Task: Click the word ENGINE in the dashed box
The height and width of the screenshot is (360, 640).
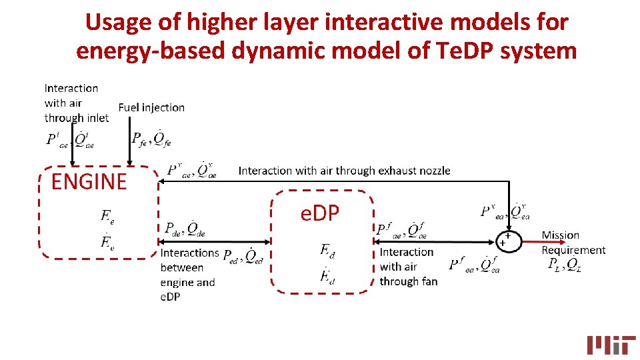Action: [89, 181]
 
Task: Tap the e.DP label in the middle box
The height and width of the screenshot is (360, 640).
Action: [320, 213]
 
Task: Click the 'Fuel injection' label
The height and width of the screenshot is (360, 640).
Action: [151, 107]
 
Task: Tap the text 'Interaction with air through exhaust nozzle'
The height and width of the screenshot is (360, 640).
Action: [344, 171]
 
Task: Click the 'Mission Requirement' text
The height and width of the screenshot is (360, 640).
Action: [573, 243]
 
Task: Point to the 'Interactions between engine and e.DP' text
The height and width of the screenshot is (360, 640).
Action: [189, 275]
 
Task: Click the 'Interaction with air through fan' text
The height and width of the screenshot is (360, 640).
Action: [408, 267]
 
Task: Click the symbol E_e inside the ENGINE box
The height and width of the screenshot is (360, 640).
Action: [107, 215]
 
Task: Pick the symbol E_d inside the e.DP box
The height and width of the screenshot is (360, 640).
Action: [327, 250]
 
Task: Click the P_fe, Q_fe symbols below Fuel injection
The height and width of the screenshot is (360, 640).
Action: [151, 139]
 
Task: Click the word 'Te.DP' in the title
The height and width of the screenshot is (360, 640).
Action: [471, 50]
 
